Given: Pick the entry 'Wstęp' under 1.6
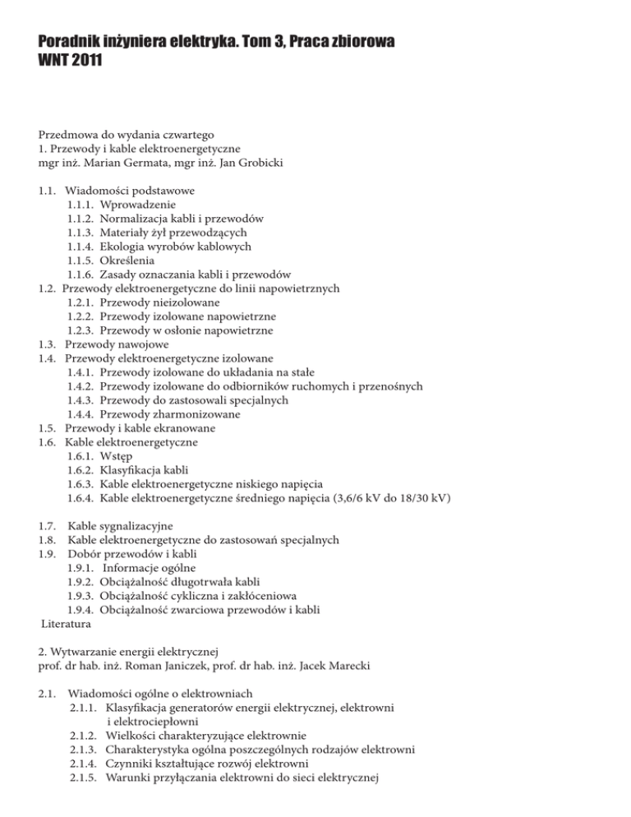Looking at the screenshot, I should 117,455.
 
